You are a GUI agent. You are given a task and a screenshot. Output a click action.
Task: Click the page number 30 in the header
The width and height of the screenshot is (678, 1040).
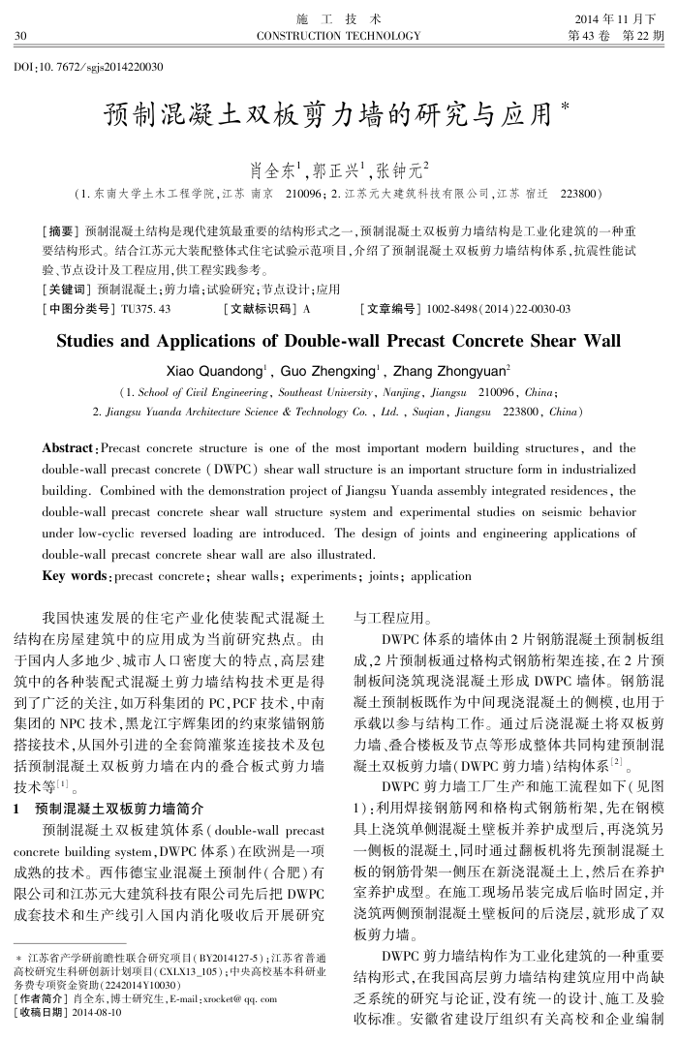point(18,36)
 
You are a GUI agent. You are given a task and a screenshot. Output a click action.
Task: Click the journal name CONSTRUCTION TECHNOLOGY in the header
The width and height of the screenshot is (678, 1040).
point(338,36)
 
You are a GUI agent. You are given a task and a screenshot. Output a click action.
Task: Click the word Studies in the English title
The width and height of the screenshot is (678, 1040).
point(95,341)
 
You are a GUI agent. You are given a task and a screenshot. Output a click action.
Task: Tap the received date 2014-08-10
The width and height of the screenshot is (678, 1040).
point(103,1013)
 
